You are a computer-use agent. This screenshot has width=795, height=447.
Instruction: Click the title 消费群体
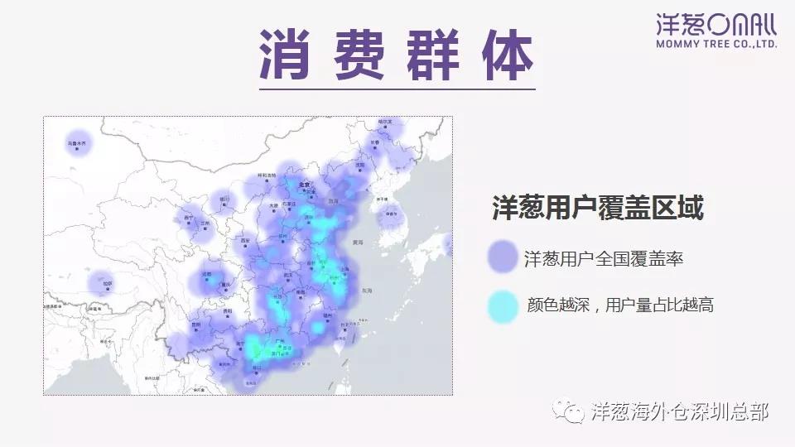[x=397, y=55]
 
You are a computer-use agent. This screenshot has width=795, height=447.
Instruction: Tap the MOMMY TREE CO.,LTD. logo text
[x=716, y=43]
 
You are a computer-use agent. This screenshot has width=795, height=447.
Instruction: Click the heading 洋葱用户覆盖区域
[x=597, y=208]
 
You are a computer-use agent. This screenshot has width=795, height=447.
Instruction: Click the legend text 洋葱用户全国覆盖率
[x=604, y=259]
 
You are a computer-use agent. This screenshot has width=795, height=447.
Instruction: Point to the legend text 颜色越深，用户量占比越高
[x=620, y=305]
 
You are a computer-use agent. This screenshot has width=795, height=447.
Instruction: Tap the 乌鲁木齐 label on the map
[x=76, y=143]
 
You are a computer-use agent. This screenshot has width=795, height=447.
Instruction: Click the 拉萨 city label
[x=108, y=284]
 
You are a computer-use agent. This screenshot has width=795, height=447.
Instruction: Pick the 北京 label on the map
[x=304, y=185]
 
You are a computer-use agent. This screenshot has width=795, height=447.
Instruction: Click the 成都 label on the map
[x=206, y=274]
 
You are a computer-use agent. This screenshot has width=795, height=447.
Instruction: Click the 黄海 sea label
[x=358, y=243]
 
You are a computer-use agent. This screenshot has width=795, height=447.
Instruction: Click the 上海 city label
[x=344, y=269]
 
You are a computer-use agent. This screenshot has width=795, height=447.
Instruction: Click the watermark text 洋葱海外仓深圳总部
[x=681, y=411]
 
